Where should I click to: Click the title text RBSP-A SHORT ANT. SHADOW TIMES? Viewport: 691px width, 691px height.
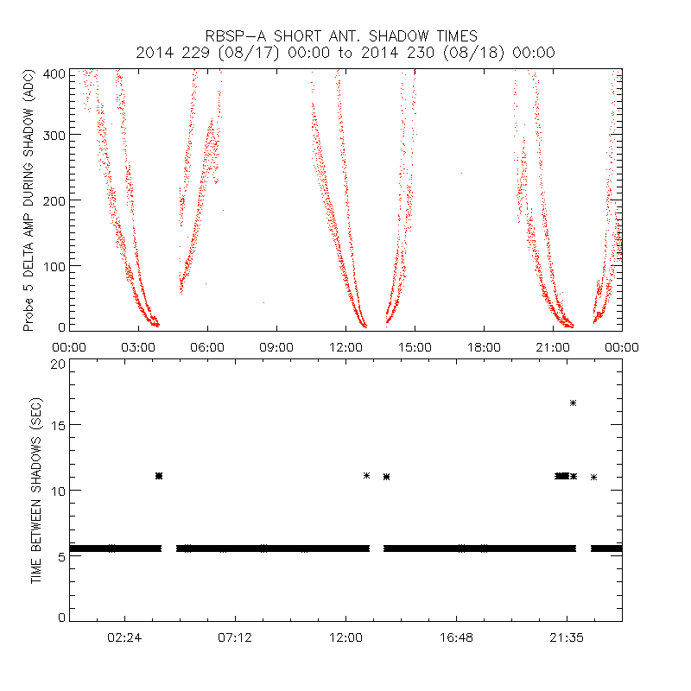point(341,36)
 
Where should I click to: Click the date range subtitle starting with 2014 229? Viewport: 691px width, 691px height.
point(345,53)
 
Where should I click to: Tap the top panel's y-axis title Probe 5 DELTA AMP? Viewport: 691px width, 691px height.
point(29,200)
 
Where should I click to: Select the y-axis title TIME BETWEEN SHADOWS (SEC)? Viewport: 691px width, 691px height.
point(36,491)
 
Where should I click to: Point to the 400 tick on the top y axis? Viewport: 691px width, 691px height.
point(54,73)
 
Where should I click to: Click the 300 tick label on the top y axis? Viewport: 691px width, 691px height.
point(54,135)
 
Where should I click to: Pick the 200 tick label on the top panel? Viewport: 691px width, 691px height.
point(54,200)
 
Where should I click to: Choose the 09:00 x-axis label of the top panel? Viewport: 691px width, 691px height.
point(276,346)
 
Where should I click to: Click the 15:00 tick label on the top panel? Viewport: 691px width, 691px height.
point(415,346)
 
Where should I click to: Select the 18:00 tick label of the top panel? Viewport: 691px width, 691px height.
point(484,346)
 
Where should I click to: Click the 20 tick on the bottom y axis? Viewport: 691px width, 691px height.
point(58,364)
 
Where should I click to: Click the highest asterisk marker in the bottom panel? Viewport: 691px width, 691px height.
point(573,403)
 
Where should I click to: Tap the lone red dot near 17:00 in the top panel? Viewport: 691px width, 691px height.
point(461,174)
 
